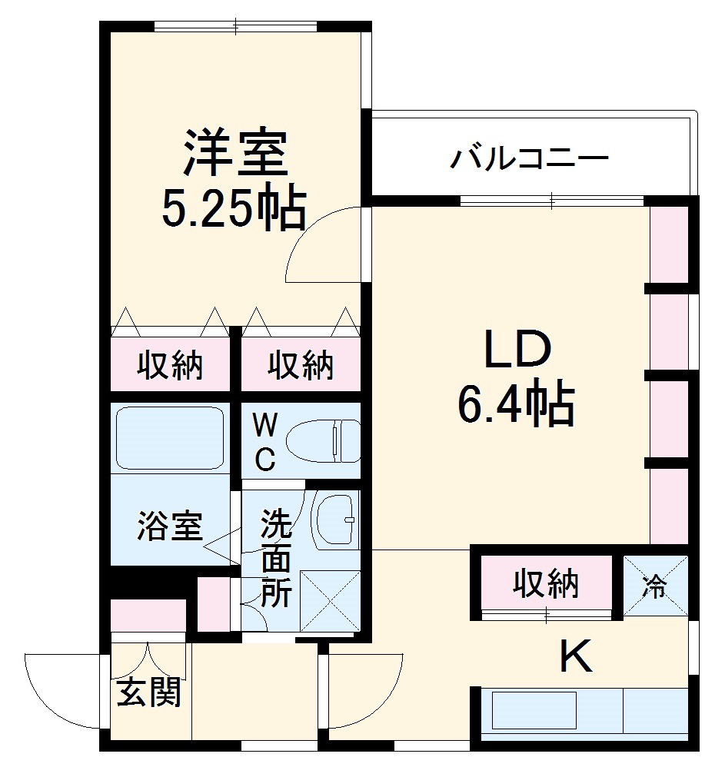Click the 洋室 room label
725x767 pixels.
pyautogui.click(x=234, y=154)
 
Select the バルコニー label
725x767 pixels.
pyautogui.click(x=530, y=159)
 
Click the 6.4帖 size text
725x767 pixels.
pyautogui.click(x=517, y=405)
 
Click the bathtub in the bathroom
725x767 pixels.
pyautogui.click(x=170, y=437)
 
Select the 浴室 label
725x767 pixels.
pyautogui.click(x=170, y=526)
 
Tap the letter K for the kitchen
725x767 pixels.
pyautogui.click(x=574, y=658)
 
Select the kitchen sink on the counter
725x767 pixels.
pyautogui.click(x=534, y=709)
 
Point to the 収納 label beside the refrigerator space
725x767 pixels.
pyautogui.click(x=546, y=585)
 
